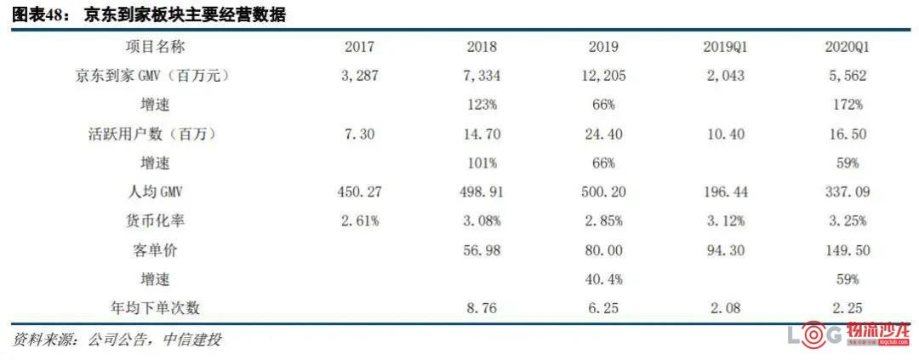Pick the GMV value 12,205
coord(603,77)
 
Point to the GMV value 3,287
coord(359,77)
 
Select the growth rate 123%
coord(483,106)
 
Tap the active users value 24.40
coord(603,134)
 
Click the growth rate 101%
coord(483,163)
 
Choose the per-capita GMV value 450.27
coord(359,192)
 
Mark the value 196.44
coord(725,192)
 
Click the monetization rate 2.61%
coord(359,221)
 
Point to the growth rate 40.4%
coord(603,279)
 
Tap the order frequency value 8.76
coord(483,308)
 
